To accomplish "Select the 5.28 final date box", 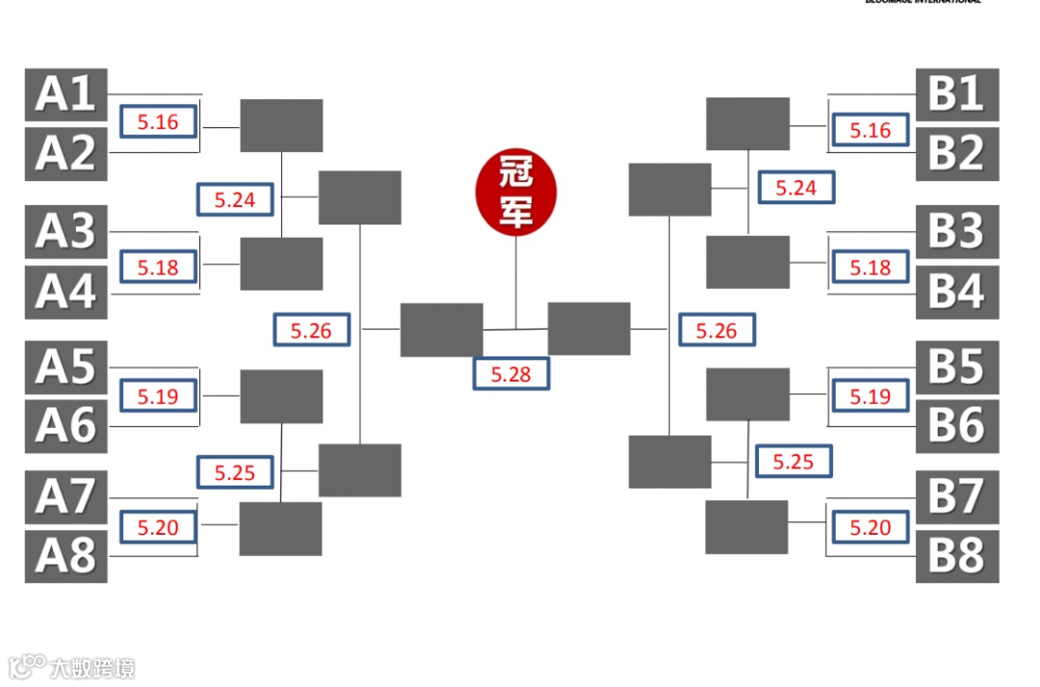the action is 510,374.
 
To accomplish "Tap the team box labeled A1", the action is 65,94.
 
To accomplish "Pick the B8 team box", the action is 956,556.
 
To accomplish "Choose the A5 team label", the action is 65,367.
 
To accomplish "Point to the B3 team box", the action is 956,231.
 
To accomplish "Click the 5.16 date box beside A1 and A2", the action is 159,122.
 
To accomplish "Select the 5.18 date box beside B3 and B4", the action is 871,267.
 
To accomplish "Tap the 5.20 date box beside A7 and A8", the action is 159,527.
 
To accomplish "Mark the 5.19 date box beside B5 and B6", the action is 871,396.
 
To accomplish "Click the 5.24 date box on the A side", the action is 235,199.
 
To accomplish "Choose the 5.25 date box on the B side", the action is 793,462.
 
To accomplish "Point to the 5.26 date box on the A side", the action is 311,330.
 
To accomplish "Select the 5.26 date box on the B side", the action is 716,330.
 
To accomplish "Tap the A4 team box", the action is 65,292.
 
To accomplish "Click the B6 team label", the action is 956,426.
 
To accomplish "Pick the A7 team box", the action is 65,497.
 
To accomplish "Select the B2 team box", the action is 956,154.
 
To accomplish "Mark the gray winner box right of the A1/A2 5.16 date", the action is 281,125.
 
